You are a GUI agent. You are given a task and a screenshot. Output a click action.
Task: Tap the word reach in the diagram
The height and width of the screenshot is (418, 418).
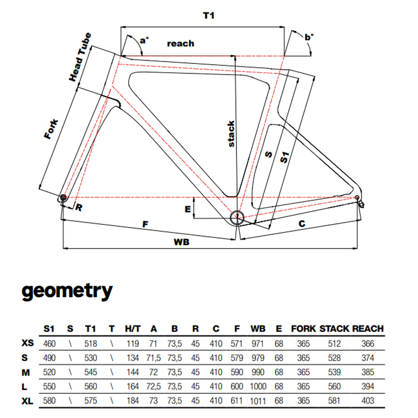pyautogui.click(x=181, y=43)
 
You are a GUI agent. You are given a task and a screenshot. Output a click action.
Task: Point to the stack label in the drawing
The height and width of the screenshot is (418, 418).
pyautogui.click(x=231, y=134)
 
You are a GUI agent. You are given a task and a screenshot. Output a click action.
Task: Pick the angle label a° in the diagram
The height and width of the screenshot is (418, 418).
pyautogui.click(x=145, y=41)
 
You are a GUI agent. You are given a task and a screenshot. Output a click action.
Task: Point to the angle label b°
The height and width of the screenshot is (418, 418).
pyautogui.click(x=309, y=38)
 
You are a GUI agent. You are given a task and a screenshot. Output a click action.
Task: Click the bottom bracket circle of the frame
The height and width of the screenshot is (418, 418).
pyautogui.click(x=237, y=217)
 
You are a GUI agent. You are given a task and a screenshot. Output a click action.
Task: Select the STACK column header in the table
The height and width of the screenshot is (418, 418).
pyautogui.click(x=334, y=329)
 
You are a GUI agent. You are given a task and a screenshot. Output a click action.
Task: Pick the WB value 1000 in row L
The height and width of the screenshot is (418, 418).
pyautogui.click(x=258, y=386)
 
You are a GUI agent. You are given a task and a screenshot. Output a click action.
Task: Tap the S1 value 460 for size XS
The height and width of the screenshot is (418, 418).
pyautogui.click(x=49, y=344)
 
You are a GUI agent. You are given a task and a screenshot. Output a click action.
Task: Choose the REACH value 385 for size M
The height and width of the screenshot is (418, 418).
pyautogui.click(x=368, y=372)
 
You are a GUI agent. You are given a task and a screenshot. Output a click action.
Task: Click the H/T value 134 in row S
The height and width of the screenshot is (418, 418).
pyautogui.click(x=133, y=358)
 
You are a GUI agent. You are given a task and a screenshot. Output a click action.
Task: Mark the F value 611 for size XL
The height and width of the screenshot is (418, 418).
pyautogui.click(x=237, y=400)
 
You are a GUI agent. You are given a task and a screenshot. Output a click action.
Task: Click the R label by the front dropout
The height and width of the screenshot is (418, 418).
pyautogui.click(x=78, y=207)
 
